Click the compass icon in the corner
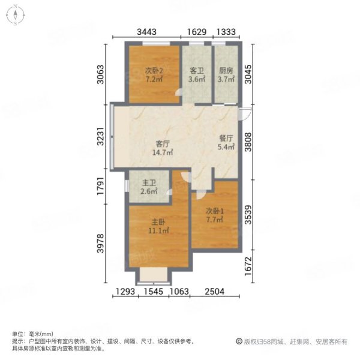point(16,16)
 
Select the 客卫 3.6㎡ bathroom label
point(197,75)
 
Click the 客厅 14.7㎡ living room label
point(163,148)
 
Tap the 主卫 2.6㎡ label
point(149,187)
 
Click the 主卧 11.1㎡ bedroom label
point(158,226)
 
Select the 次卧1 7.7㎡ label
point(215,215)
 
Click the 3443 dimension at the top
point(147,32)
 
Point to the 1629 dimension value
point(197,32)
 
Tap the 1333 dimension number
point(226,32)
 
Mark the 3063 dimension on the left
point(100,74)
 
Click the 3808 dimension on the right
point(248,142)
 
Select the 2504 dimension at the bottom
point(215,292)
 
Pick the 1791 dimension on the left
point(100,186)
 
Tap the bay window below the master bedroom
point(154,276)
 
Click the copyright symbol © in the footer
point(239,341)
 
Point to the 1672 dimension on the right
point(248,266)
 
